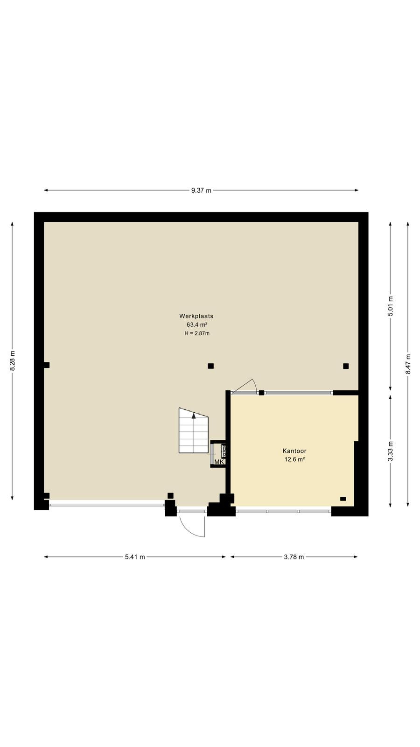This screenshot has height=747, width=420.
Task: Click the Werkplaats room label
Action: click(196, 316)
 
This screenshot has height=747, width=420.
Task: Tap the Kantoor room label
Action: click(294, 451)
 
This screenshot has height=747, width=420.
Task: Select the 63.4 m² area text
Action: click(197, 324)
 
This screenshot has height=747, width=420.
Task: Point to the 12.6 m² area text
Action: click(294, 459)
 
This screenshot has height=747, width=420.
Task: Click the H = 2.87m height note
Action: click(197, 333)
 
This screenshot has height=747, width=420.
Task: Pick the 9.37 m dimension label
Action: click(201, 190)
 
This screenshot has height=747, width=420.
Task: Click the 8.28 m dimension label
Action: click(12, 360)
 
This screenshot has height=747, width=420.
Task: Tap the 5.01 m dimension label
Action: click(391, 306)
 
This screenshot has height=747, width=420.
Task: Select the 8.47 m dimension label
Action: click(408, 364)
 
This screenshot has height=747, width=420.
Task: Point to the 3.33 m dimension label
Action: click(391, 451)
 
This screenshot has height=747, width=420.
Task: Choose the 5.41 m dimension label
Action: click(135, 557)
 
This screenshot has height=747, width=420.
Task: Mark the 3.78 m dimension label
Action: click(294, 557)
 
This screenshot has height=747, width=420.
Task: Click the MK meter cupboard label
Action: click(219, 462)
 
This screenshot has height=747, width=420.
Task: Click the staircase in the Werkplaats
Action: click(193, 430)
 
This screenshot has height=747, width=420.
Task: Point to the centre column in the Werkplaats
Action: click(210, 366)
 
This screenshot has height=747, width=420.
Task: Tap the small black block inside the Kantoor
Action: click(343, 499)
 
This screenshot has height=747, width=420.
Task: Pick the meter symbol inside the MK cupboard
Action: click(224, 451)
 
